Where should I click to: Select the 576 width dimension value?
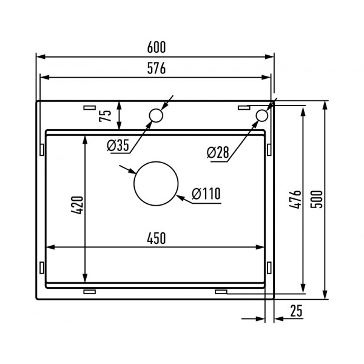click(x=156, y=69)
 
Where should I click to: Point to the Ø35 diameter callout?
click(x=118, y=145)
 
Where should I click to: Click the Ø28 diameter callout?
click(x=218, y=152)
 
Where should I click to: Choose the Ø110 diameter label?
click(x=205, y=194)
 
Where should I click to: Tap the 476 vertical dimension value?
click(x=294, y=199)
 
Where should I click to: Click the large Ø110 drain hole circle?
click(x=156, y=184)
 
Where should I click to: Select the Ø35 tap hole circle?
click(x=155, y=115)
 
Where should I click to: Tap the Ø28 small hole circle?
click(x=261, y=115)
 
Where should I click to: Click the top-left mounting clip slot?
click(x=89, y=107)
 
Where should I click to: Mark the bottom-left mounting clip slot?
click(x=89, y=292)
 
